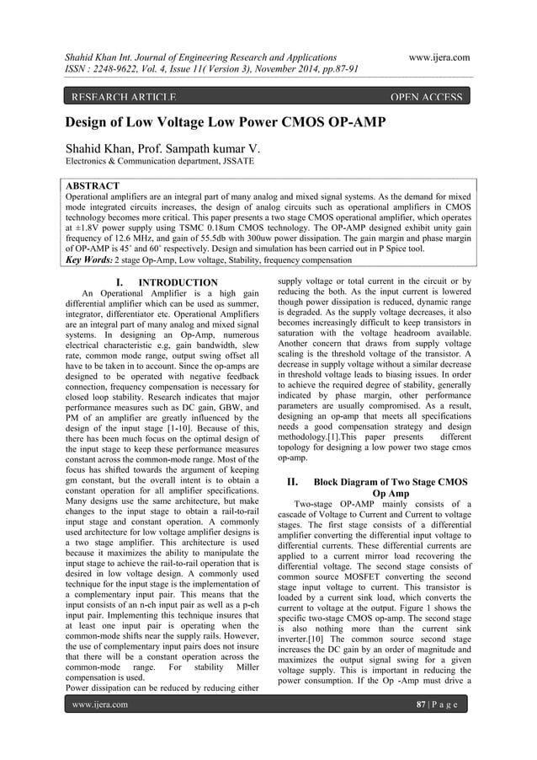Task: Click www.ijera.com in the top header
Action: (x=438, y=56)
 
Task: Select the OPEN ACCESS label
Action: (x=427, y=97)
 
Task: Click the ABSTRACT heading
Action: (x=92, y=185)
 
